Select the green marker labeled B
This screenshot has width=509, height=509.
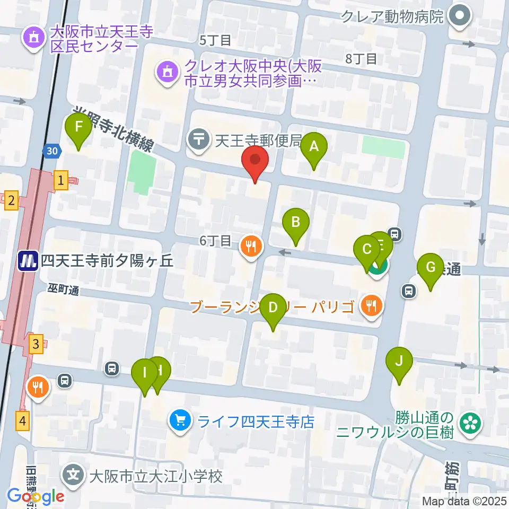click(x=295, y=222)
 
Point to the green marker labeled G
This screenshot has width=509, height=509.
click(x=430, y=267)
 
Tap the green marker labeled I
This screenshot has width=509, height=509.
click(x=144, y=372)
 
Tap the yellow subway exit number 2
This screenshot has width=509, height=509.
click(x=11, y=200)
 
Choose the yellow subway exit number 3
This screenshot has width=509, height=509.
click(x=36, y=344)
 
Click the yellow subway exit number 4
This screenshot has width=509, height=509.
click(x=22, y=421)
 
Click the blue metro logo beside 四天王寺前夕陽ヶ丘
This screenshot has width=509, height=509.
click(x=27, y=261)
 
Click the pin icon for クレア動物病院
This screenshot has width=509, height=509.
click(x=460, y=16)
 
